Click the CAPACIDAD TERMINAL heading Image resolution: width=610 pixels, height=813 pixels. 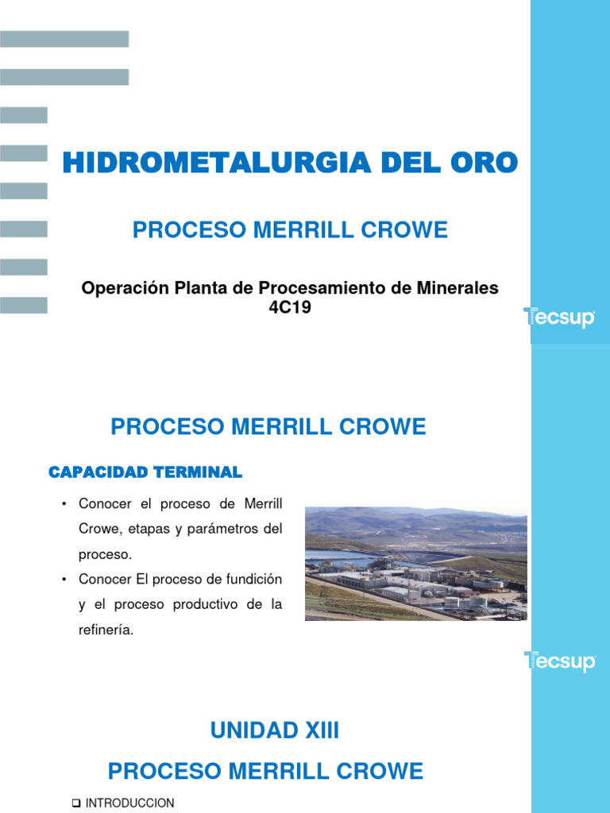pyautogui.click(x=145, y=472)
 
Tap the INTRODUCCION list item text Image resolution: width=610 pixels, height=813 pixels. pyautogui.click(x=129, y=803)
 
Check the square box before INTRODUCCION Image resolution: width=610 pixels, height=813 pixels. pyautogui.click(x=76, y=803)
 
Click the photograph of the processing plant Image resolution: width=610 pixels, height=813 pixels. pyautogui.click(x=415, y=564)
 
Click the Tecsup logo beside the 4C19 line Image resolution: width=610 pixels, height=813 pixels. pyautogui.click(x=559, y=318)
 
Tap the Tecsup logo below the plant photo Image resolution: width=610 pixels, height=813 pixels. pyautogui.click(x=559, y=661)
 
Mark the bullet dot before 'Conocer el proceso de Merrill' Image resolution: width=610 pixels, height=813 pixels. pyautogui.click(x=62, y=504)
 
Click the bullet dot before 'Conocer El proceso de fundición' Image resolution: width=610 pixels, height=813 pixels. pyautogui.click(x=62, y=580)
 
